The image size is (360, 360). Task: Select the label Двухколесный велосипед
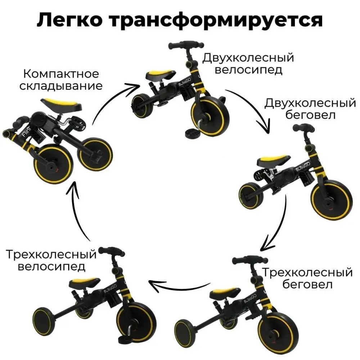[x=248, y=63]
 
